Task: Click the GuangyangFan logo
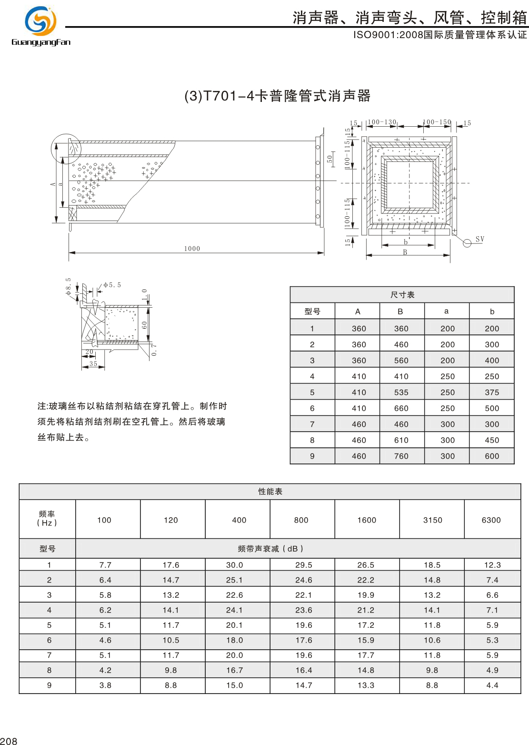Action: pyautogui.click(x=41, y=26)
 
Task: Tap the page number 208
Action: pyautogui.click(x=9, y=741)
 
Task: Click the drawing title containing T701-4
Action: pyautogui.click(x=277, y=96)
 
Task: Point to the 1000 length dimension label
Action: pyautogui.click(x=192, y=249)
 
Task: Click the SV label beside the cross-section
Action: pyautogui.click(x=479, y=239)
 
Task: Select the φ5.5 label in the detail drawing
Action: pyautogui.click(x=112, y=285)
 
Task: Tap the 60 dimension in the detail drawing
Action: pyautogui.click(x=144, y=325)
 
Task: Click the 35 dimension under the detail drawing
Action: pyautogui.click(x=93, y=363)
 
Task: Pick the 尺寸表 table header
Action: pyautogui.click(x=402, y=295)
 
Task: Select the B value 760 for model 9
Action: pyautogui.click(x=401, y=456)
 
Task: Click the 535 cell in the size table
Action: pyautogui.click(x=401, y=393)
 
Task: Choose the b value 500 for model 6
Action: pyautogui.click(x=492, y=408)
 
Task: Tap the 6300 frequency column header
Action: pyautogui.click(x=491, y=520)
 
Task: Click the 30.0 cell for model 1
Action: pyautogui.click(x=234, y=565)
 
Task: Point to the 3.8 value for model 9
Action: pyautogui.click(x=105, y=685)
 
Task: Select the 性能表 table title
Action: pyautogui.click(x=270, y=492)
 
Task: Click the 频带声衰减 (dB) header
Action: pyautogui.click(x=270, y=549)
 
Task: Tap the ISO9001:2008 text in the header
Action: pyautogui.click(x=388, y=35)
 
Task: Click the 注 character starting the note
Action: pyautogui.click(x=42, y=406)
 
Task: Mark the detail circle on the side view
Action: pyautogui.click(x=66, y=149)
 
